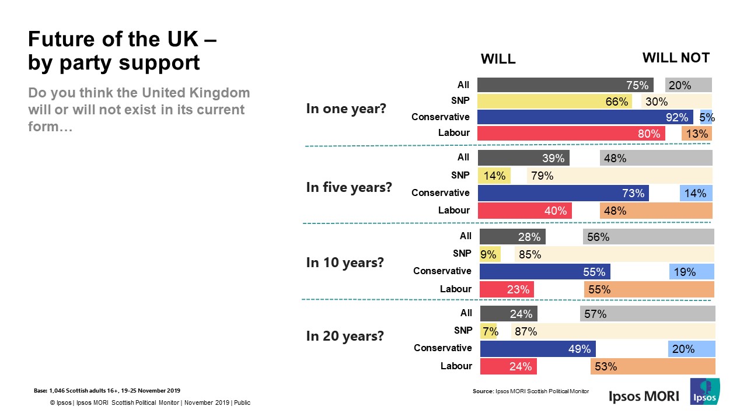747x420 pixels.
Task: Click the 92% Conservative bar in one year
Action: coord(585,117)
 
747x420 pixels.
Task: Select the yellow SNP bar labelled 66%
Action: coord(555,101)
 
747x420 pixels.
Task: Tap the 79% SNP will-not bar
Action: coord(619,176)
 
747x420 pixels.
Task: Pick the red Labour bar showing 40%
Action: coord(525,211)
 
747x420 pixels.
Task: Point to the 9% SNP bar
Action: coord(490,254)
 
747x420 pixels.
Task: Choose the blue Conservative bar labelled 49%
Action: coord(537,349)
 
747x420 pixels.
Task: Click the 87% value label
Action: coord(526,332)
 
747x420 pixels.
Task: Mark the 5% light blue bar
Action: coord(706,117)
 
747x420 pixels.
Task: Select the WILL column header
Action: coord(498,60)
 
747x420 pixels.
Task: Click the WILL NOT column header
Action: coord(676,58)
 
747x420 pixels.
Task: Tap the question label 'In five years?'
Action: coord(349,188)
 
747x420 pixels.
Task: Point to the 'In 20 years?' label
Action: coord(345,336)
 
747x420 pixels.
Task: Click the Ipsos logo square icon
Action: coord(704,391)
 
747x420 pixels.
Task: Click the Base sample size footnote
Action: coord(107,390)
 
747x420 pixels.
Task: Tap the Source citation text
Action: coord(530,391)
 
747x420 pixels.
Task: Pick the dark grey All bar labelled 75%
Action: coord(565,85)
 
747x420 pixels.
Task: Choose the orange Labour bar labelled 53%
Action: coord(652,366)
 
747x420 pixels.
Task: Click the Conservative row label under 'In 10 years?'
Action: coord(442,271)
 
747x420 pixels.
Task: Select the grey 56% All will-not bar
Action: coord(648,237)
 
